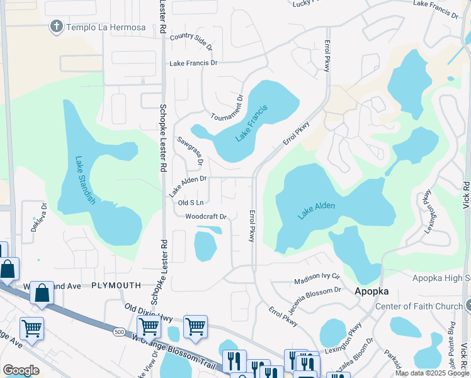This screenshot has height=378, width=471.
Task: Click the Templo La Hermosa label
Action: tap(106, 27)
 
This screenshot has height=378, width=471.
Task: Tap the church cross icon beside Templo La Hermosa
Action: tap(57, 27)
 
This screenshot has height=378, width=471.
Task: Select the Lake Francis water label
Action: tap(252, 123)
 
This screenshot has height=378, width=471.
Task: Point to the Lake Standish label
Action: tap(84, 180)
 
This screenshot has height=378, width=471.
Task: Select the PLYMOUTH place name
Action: tap(116, 285)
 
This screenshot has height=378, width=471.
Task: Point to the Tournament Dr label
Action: tap(227, 108)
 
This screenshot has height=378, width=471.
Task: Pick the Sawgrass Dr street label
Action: tap(191, 151)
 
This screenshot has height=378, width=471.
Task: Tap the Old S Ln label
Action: tap(191, 203)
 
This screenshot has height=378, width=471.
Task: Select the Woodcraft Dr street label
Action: tap(205, 217)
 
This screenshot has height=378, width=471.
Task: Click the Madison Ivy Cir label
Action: tap(317, 279)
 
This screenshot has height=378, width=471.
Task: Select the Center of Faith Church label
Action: tap(419, 307)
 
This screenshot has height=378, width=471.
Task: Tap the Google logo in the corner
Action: tap(21, 370)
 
